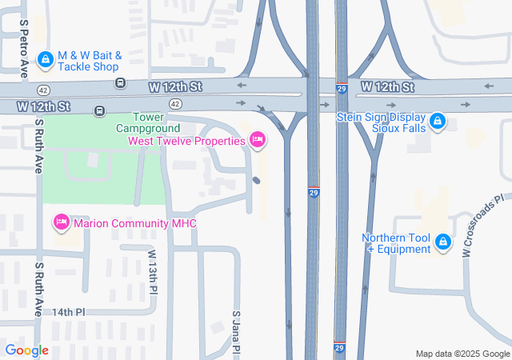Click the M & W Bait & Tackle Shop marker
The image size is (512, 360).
(46, 59)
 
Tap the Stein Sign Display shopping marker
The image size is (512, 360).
(437, 122)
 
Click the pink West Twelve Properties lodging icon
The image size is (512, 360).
(258, 141)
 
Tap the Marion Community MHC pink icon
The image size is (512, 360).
(62, 222)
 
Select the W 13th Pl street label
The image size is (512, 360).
(152, 270)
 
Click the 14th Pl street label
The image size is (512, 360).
(69, 312)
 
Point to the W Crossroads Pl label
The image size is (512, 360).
(483, 226)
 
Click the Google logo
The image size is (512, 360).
(27, 350)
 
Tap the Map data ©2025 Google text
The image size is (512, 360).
(462, 354)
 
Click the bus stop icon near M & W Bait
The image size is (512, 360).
(120, 82)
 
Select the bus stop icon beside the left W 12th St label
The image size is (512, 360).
(99, 110)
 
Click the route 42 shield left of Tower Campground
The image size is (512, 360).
(175, 104)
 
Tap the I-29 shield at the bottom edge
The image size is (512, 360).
(340, 349)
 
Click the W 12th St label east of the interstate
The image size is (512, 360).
(386, 86)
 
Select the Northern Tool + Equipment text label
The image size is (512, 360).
(397, 244)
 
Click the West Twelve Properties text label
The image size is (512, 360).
(186, 142)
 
